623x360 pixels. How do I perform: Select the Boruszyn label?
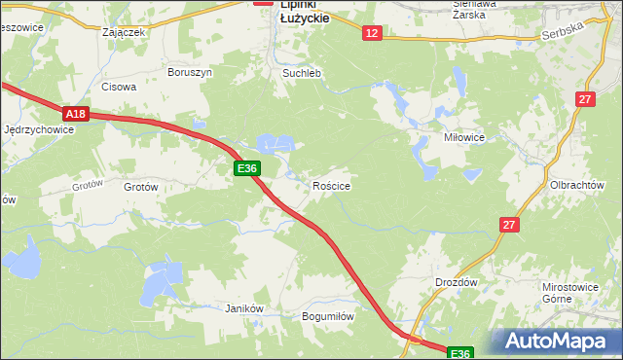pos(189,72)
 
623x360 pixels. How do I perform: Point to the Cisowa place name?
pos(119,87)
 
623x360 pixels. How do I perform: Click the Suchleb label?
pos(301,73)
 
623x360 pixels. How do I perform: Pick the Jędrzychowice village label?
pos(39,129)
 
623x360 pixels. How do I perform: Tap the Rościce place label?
pos(331,185)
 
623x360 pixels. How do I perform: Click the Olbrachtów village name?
pos(577,185)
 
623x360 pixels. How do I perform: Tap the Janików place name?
pos(244,308)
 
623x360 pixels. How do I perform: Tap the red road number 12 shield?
pos(372,33)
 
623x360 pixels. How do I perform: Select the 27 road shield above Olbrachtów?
pos(584,99)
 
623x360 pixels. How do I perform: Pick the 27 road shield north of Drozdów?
pos(510,225)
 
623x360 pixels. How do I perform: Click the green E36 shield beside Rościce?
pos(247,168)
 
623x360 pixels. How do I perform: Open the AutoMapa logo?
pos(556,342)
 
